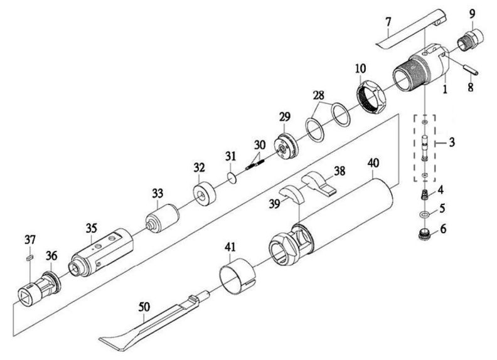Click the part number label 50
coord(145,306)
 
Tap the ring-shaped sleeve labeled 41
coord(238,277)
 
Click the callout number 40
coord(373,162)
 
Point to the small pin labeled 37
coord(29,256)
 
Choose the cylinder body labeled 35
coord(103,250)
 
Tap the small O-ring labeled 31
coord(232,179)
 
